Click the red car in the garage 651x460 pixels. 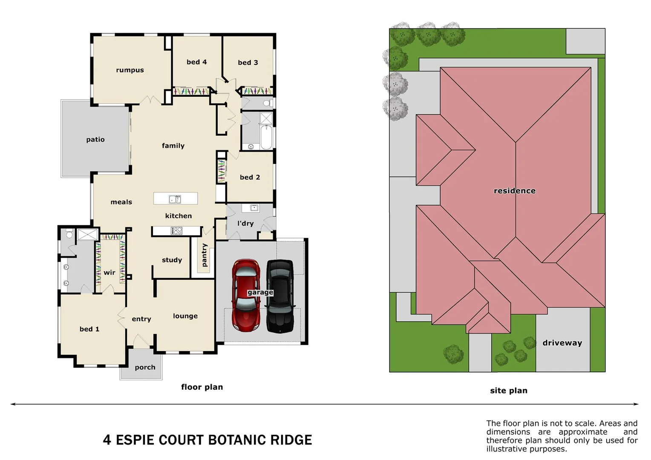click(246, 296)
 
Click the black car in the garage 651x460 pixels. click(280, 296)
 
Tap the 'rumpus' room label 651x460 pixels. click(130, 70)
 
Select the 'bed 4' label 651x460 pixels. click(196, 62)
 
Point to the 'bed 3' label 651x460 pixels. click(248, 63)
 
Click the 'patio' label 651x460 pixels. click(95, 140)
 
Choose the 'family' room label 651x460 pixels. click(173, 146)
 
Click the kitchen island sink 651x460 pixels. click(175, 199)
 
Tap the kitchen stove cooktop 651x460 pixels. click(176, 231)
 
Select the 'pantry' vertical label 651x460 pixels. click(205, 255)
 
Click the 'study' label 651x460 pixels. click(172, 260)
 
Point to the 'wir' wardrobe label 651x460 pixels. click(109, 273)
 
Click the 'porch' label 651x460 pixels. click(145, 367)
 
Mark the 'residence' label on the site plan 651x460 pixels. click(514, 191)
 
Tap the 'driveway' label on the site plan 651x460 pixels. click(562, 343)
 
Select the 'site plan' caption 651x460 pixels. click(508, 391)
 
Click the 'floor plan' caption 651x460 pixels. click(202, 387)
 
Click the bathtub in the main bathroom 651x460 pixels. click(266, 137)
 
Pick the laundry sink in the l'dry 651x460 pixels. click(254, 208)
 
